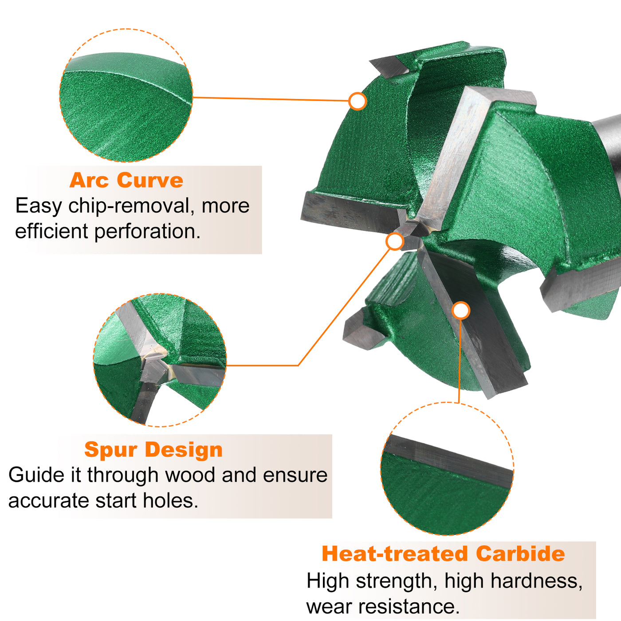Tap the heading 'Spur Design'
tap(153, 450)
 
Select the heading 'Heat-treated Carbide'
tap(444, 554)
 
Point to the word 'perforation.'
tap(147, 232)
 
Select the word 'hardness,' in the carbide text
tap(536, 581)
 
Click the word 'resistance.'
tap(409, 606)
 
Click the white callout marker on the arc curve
tap(358, 101)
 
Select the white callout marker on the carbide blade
tap(461, 310)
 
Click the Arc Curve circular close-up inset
tap(126, 95)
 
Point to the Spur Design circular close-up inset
tap(160, 360)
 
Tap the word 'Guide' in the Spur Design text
tap(36, 475)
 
